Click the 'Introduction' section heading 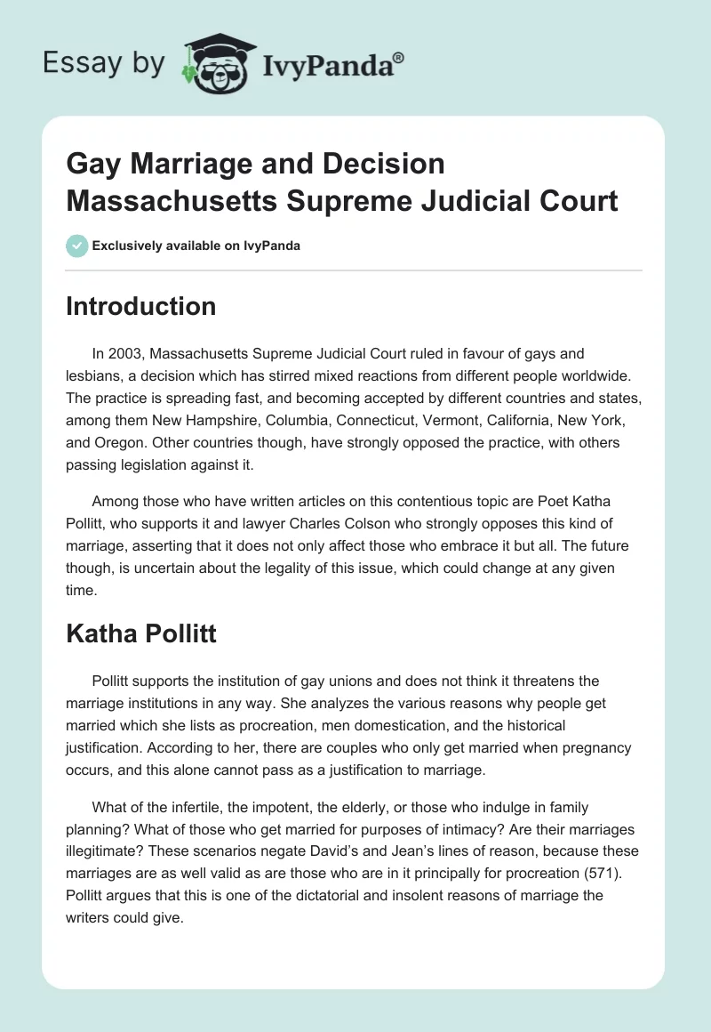[140, 306]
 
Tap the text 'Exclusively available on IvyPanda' [196, 246]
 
